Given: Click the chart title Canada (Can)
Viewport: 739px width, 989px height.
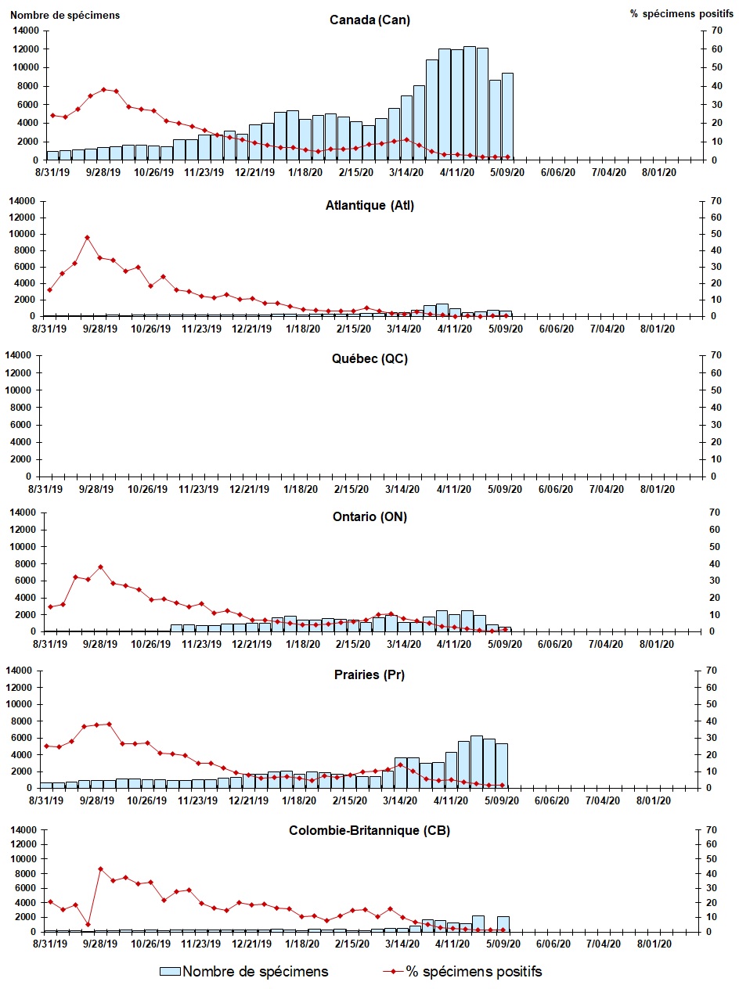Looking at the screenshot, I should click(x=369, y=20).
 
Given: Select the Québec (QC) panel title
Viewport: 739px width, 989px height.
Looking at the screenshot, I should click(x=369, y=359).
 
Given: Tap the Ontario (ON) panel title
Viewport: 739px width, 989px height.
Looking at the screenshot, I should click(x=369, y=516).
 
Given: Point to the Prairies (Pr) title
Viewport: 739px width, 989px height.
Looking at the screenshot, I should click(x=369, y=675).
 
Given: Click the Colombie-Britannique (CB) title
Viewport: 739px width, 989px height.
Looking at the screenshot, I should click(x=369, y=830).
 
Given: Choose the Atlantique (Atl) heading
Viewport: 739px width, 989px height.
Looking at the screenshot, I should click(x=369, y=206).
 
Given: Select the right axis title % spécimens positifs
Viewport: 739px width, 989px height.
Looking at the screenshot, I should click(x=678, y=15).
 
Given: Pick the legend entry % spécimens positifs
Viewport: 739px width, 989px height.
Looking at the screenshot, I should click(x=474, y=972).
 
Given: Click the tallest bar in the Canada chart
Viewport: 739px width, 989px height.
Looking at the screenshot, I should click(x=470, y=103).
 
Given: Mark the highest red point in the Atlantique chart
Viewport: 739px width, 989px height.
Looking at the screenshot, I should click(x=88, y=237).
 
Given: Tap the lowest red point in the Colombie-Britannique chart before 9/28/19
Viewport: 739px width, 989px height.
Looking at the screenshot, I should click(x=88, y=924).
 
